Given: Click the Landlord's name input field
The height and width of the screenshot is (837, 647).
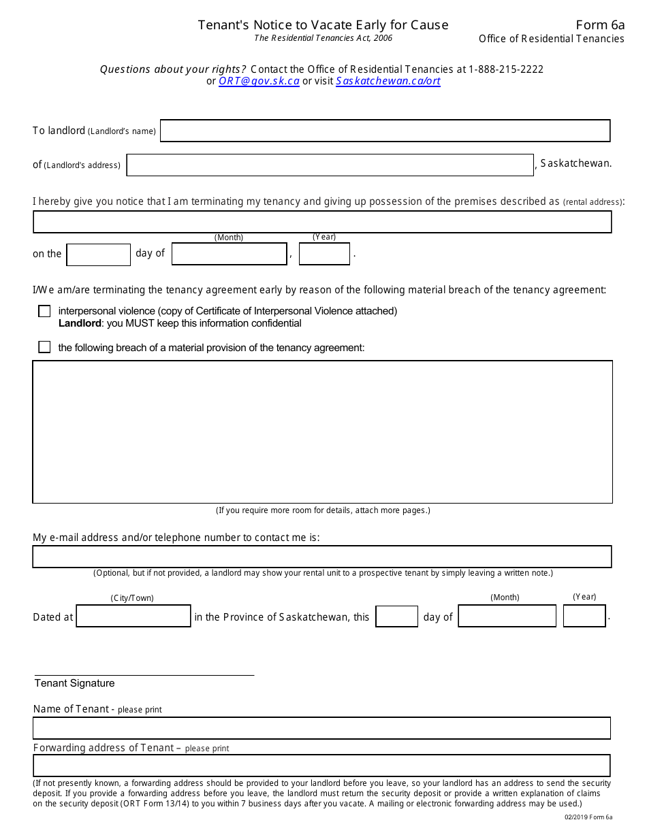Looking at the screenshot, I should [385, 131].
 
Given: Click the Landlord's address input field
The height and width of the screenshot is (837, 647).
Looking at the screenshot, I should [330, 165].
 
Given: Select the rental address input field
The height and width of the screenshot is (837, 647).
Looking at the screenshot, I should [322, 222].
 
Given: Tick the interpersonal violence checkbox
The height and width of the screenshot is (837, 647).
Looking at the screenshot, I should [44, 311].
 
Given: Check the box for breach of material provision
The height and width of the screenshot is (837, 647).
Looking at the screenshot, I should [44, 347].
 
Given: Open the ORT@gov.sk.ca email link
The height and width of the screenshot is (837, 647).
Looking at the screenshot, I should [259, 81].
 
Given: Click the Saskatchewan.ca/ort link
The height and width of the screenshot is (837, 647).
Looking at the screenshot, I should [388, 81].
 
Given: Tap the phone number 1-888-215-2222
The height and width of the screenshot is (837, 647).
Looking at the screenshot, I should [506, 69].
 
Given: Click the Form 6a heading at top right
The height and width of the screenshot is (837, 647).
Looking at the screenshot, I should [599, 25].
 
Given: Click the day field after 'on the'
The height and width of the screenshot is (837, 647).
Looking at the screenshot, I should [98, 255].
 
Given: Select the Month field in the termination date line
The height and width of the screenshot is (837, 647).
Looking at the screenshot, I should [229, 254].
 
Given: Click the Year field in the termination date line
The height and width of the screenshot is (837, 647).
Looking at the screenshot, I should [324, 254].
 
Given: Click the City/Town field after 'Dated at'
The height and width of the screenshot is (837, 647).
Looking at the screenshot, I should [133, 617].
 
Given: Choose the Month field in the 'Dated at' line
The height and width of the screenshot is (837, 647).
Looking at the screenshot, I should [507, 617].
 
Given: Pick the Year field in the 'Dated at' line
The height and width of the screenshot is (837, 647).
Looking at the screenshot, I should [584, 617].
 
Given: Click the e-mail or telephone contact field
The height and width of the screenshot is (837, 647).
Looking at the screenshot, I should [322, 557].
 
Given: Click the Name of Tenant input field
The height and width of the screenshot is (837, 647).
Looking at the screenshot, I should [321, 728].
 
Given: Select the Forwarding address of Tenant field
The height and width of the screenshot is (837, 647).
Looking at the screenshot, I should [321, 766].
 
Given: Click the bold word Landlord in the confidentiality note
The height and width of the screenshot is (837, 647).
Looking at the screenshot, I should [80, 323].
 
